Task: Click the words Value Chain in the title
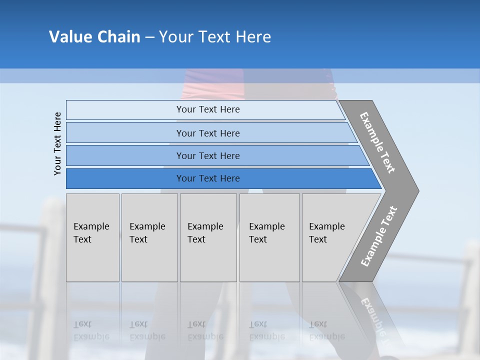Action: point(94,37)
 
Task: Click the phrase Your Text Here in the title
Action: point(215,37)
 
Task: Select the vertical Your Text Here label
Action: point(58,144)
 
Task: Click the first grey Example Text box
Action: point(92,237)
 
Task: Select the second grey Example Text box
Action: point(149,237)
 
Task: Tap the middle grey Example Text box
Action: point(208,237)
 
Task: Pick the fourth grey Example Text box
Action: point(269,237)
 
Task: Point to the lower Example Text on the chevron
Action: point(378,236)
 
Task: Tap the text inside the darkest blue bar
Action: point(208,178)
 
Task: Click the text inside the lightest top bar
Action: point(208,109)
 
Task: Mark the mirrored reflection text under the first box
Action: point(91,330)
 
